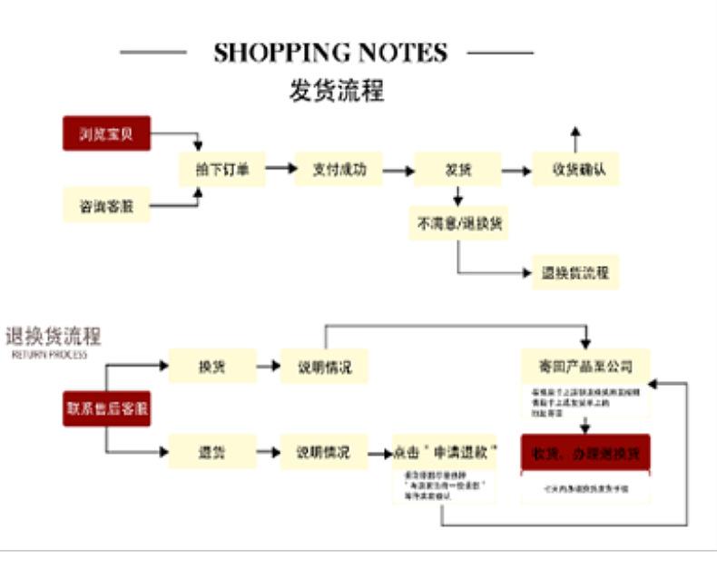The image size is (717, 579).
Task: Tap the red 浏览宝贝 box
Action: coord(105,133)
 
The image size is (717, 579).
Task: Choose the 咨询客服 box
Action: coord(105,205)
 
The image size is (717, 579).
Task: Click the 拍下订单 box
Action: coord(222,170)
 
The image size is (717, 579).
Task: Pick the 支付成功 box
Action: coord(339,170)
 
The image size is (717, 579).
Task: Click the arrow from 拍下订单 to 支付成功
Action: coord(281,170)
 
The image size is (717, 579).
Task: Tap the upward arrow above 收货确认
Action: coord(574,139)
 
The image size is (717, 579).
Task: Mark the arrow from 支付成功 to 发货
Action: coord(398,170)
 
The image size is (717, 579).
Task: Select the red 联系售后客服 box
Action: coord(106,408)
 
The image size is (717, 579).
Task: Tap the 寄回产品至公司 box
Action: coord(585,367)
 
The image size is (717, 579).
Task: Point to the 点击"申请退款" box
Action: coord(446,451)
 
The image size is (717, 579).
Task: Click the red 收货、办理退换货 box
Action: coord(585,451)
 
